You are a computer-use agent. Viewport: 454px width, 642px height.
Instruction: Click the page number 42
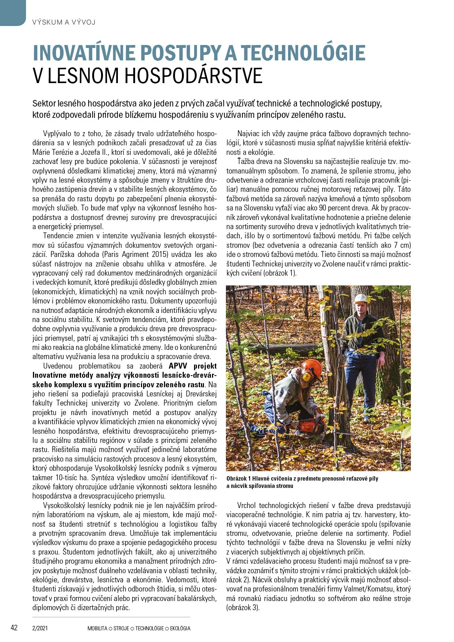tap(14, 628)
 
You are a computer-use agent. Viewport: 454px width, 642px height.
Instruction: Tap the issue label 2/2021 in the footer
tap(40, 628)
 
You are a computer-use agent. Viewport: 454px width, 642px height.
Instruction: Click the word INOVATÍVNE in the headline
tap(84, 53)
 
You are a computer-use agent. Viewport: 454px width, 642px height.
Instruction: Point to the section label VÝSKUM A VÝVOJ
tap(64, 22)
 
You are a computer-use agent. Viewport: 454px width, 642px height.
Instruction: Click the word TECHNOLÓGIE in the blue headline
tap(303, 53)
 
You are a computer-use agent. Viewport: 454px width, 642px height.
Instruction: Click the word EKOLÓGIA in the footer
tap(180, 628)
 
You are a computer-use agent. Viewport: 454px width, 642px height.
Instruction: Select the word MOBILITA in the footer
tap(97, 628)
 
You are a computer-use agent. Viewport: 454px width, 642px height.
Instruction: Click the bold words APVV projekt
tap(193, 366)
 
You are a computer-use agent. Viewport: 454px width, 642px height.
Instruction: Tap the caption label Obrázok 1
tap(238, 478)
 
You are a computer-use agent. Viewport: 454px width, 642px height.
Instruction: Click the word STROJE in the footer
tap(121, 628)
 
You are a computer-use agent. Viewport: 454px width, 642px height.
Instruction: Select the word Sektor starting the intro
tap(44, 104)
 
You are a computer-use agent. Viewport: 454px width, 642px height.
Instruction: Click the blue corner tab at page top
tap(13, 12)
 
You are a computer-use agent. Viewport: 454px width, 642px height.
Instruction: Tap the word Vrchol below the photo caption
tap(246, 505)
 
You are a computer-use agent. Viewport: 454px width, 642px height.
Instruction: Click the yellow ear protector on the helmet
tap(306, 376)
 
